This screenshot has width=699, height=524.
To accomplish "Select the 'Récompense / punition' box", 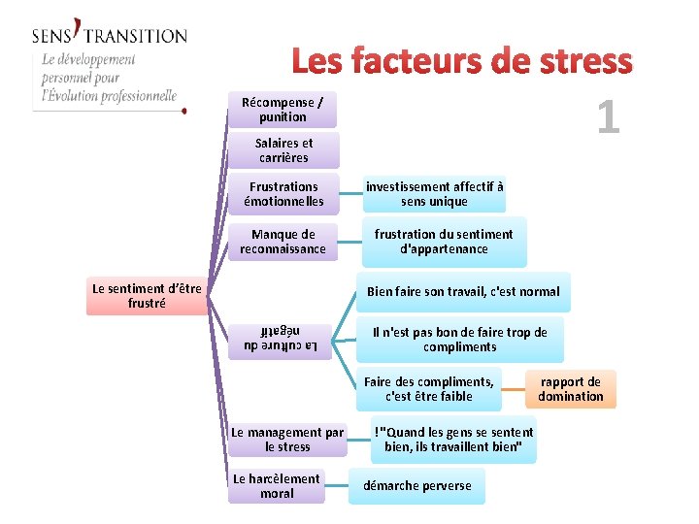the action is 283,110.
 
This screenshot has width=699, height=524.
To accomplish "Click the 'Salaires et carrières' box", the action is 283,150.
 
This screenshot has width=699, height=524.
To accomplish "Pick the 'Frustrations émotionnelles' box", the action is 283,194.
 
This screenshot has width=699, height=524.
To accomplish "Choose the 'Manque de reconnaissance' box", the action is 283,242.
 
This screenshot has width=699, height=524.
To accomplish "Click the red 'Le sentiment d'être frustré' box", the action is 147,296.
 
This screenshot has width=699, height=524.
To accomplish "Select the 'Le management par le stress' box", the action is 287,440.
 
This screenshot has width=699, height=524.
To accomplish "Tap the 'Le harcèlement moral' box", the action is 277,486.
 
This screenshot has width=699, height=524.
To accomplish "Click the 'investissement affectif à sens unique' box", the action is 434,194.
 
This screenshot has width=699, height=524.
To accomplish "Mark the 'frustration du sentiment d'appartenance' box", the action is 444,242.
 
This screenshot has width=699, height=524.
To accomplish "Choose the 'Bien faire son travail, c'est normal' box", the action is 463,291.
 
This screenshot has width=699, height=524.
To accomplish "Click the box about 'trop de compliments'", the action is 459,340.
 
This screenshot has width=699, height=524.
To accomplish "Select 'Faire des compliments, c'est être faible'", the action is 429,389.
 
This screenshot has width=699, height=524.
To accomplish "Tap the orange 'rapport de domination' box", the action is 571,389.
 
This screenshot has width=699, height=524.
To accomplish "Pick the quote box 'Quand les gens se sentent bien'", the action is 453,440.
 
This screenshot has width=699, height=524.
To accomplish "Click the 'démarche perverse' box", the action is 416,486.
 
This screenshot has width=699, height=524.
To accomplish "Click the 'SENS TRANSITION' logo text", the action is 109,35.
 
